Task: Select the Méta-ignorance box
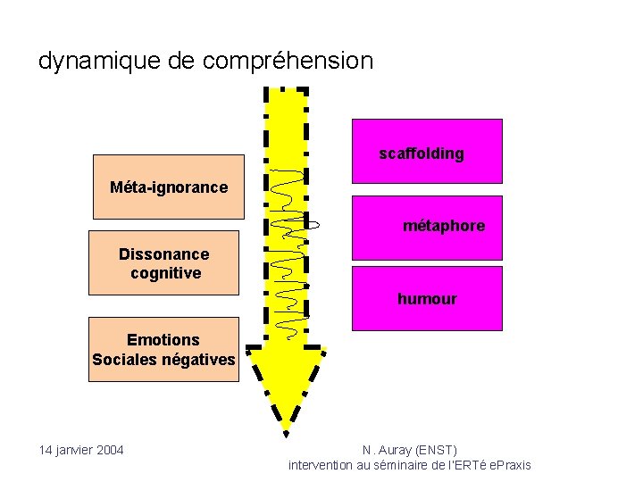tap(168, 187)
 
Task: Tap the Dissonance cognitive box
tap(163, 263)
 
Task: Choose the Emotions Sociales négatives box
tap(163, 349)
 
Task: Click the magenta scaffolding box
tap(427, 151)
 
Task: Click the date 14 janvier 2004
tap(81, 449)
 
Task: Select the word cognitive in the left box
tap(165, 273)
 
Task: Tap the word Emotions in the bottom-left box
tap(163, 340)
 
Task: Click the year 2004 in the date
tap(108, 449)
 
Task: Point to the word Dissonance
tap(163, 254)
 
